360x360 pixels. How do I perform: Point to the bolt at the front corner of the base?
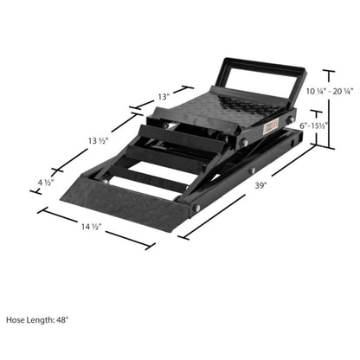click(x=197, y=207)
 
